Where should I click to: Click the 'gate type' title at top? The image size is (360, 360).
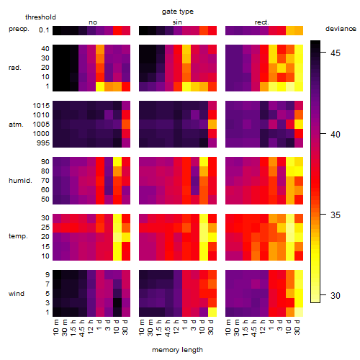click(x=178, y=12)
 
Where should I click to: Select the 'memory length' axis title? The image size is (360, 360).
click(x=177, y=350)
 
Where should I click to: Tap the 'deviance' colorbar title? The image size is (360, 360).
click(x=341, y=29)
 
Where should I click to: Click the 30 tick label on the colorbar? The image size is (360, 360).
click(x=336, y=295)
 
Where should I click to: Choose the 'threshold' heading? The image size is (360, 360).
click(x=40, y=17)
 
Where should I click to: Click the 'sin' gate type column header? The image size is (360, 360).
click(x=177, y=22)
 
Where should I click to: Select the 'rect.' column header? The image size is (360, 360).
click(x=261, y=22)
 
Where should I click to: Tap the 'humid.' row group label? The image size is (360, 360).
click(x=20, y=181)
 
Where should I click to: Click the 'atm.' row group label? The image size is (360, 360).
click(x=16, y=125)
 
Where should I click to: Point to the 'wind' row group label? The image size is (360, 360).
click(x=17, y=294)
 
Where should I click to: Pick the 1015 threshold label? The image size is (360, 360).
click(x=41, y=106)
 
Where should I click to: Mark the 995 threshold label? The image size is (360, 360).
click(x=43, y=143)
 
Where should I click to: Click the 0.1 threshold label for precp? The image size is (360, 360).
click(x=44, y=30)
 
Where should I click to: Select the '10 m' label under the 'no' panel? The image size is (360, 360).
click(x=56, y=327)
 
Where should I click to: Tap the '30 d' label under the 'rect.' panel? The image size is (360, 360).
click(x=297, y=327)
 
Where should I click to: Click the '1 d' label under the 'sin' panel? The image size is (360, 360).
click(x=185, y=325)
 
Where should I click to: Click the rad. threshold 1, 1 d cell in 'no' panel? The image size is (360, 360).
click(x=100, y=86)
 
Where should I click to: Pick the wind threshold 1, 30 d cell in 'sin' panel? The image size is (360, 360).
click(x=212, y=312)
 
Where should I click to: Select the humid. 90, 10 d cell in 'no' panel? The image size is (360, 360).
click(x=117, y=162)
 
